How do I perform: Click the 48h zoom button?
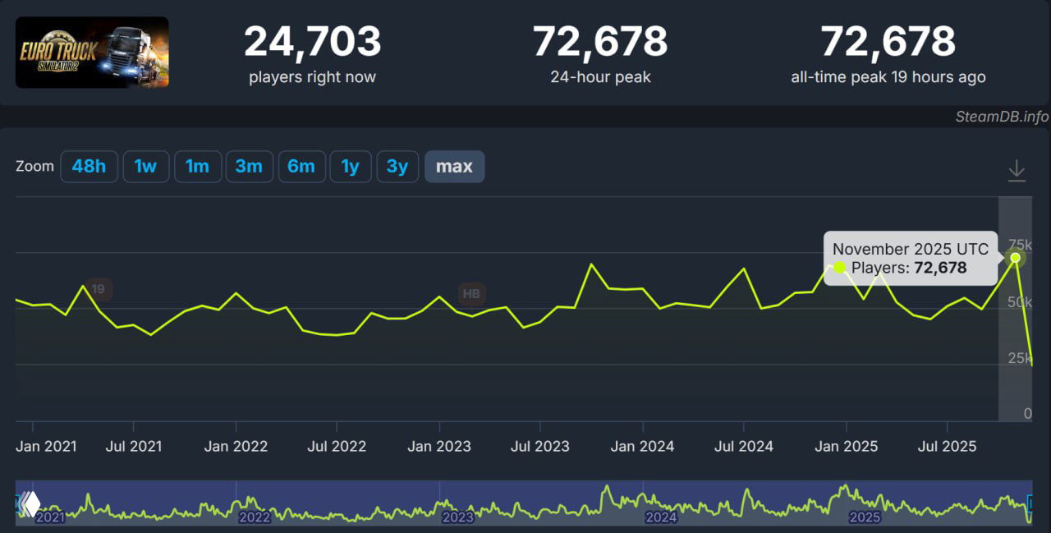[x=89, y=167]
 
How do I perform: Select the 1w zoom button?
[x=145, y=167]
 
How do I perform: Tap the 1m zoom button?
[x=197, y=167]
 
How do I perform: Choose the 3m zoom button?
[x=249, y=167]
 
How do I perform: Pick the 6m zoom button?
[x=301, y=167]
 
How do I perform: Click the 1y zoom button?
[x=351, y=167]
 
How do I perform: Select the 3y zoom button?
[x=397, y=167]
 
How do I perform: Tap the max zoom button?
[x=454, y=167]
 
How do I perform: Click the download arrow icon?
[x=1017, y=171]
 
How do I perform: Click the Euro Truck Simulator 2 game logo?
[x=92, y=53]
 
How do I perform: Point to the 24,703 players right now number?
[x=312, y=42]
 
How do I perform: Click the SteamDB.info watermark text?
[x=1002, y=117]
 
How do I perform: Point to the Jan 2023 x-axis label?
[x=439, y=447]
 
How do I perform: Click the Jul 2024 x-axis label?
[x=744, y=447]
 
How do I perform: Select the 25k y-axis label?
[x=1020, y=358]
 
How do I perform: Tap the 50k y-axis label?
[x=1020, y=303]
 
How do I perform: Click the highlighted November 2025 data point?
[x=1016, y=258]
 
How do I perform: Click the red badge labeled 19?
[x=98, y=289]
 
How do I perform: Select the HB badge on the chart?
[x=471, y=293]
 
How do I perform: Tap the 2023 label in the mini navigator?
[x=457, y=517]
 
